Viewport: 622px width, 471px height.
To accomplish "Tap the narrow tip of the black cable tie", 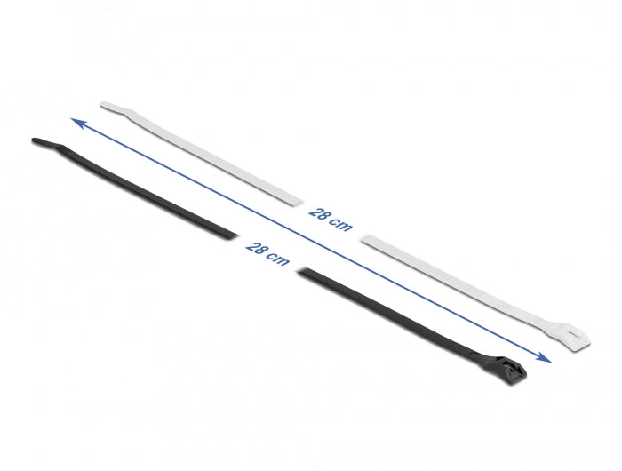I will point(37,141).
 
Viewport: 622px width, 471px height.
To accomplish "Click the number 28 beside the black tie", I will point(258,250).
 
